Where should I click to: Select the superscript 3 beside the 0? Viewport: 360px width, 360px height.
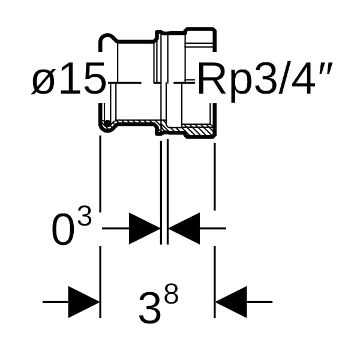pyautogui.click(x=85, y=216)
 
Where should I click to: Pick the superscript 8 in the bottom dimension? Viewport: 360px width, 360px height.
pyautogui.click(x=171, y=293)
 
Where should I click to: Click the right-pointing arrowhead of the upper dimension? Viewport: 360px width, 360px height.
pyautogui.click(x=145, y=229)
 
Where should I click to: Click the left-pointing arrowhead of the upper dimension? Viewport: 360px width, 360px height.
pyautogui.click(x=184, y=229)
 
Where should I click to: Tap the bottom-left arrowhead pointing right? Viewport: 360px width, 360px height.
pyautogui.click(x=84, y=302)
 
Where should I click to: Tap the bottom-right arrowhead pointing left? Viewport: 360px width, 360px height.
pyautogui.click(x=231, y=302)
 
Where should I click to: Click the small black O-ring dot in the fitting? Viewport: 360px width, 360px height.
pyautogui.click(x=107, y=124)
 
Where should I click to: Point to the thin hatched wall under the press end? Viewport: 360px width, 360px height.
pyautogui.click(x=136, y=121)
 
